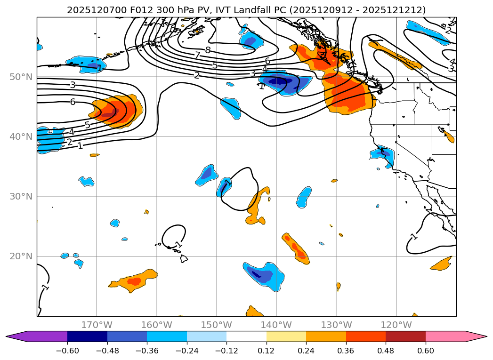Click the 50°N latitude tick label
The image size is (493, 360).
[x=21, y=77]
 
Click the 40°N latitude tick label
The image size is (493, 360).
[x=21, y=137]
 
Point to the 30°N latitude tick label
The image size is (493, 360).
[x=21, y=197]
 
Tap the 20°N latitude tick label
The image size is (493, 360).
[x=21, y=256]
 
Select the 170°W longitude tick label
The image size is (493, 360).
[x=97, y=325]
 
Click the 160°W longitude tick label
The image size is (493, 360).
[x=156, y=325]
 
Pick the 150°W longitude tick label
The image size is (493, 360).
[x=217, y=325]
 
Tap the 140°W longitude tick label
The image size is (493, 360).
[x=276, y=325]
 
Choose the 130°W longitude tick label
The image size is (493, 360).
[x=336, y=325]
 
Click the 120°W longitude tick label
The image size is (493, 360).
[x=396, y=325]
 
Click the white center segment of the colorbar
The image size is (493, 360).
[x=246, y=336]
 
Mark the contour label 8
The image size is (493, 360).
[x=208, y=50]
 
